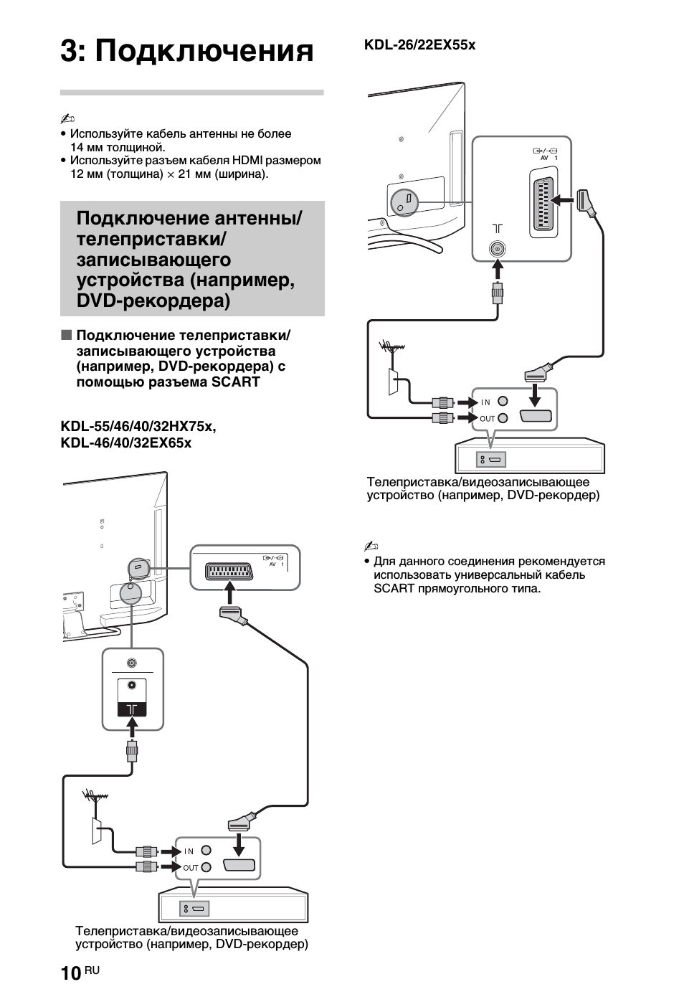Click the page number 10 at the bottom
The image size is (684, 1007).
[x=71, y=973]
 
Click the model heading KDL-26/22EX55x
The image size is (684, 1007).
[x=419, y=45]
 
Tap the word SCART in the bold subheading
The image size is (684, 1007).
[x=236, y=382]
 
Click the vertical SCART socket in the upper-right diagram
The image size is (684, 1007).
[x=544, y=203]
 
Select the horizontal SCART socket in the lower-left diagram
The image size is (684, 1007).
[x=229, y=572]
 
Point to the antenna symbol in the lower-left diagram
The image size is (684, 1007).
[x=94, y=796]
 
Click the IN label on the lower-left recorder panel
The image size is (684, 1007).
[x=189, y=851]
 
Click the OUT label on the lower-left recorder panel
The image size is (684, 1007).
[x=191, y=868]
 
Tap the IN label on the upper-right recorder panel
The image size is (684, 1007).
[x=486, y=402]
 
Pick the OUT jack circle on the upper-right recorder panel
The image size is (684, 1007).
[x=503, y=418]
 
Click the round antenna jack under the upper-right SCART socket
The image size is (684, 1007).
[x=497, y=248]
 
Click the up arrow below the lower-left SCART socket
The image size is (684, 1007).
[x=229, y=592]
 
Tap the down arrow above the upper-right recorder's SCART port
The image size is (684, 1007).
[x=536, y=394]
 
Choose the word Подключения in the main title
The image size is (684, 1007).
[x=204, y=52]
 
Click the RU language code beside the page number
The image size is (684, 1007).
[x=92, y=970]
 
